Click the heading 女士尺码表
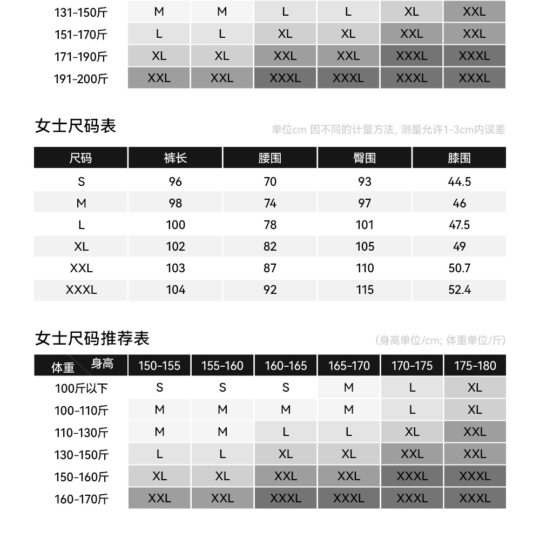point(75,126)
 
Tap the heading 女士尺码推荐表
point(92,339)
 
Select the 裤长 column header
point(175,158)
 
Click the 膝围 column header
point(459,158)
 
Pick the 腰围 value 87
point(270,268)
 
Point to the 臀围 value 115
point(364,290)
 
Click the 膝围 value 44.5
point(459,181)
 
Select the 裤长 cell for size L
point(175,225)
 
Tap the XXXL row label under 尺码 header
point(81,290)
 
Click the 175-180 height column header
point(475,366)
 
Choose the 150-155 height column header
point(159,366)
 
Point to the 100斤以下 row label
point(81,388)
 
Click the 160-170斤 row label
point(81,499)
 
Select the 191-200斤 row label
point(81,79)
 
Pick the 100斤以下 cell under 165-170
point(349,388)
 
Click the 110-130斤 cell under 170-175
point(412,432)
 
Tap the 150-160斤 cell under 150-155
point(159,476)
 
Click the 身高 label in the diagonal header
point(102,364)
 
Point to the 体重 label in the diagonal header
point(63,368)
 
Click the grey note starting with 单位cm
point(388,130)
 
